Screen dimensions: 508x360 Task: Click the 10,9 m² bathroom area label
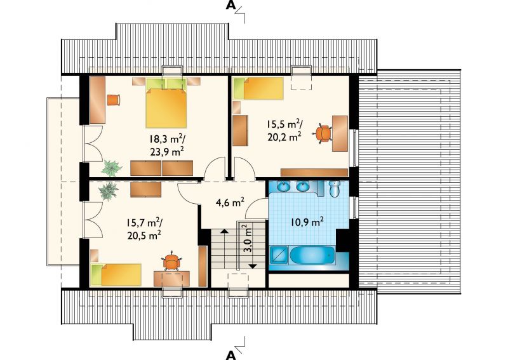tap(307, 222)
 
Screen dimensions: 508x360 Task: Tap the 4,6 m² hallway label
tap(230, 203)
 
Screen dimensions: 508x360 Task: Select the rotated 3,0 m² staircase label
tap(248, 239)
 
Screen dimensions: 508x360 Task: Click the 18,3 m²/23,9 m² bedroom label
tap(167, 145)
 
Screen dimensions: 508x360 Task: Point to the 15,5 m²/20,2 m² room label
tap(284, 130)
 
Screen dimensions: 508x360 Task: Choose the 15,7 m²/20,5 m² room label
tap(144, 229)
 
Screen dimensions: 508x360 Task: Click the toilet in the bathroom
tap(335, 189)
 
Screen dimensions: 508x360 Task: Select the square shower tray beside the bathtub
tap(278, 255)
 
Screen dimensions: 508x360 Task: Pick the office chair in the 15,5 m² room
tap(323, 133)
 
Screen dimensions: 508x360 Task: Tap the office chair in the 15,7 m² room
tap(171, 260)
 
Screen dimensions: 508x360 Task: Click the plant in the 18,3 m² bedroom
tap(111, 168)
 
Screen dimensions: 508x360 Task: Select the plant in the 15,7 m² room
tap(109, 191)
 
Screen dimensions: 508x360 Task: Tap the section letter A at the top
tap(231, 5)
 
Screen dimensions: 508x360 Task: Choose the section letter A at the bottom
tap(231, 355)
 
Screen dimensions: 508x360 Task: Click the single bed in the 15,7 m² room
tap(116, 275)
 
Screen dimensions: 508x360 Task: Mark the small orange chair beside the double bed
tap(114, 100)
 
